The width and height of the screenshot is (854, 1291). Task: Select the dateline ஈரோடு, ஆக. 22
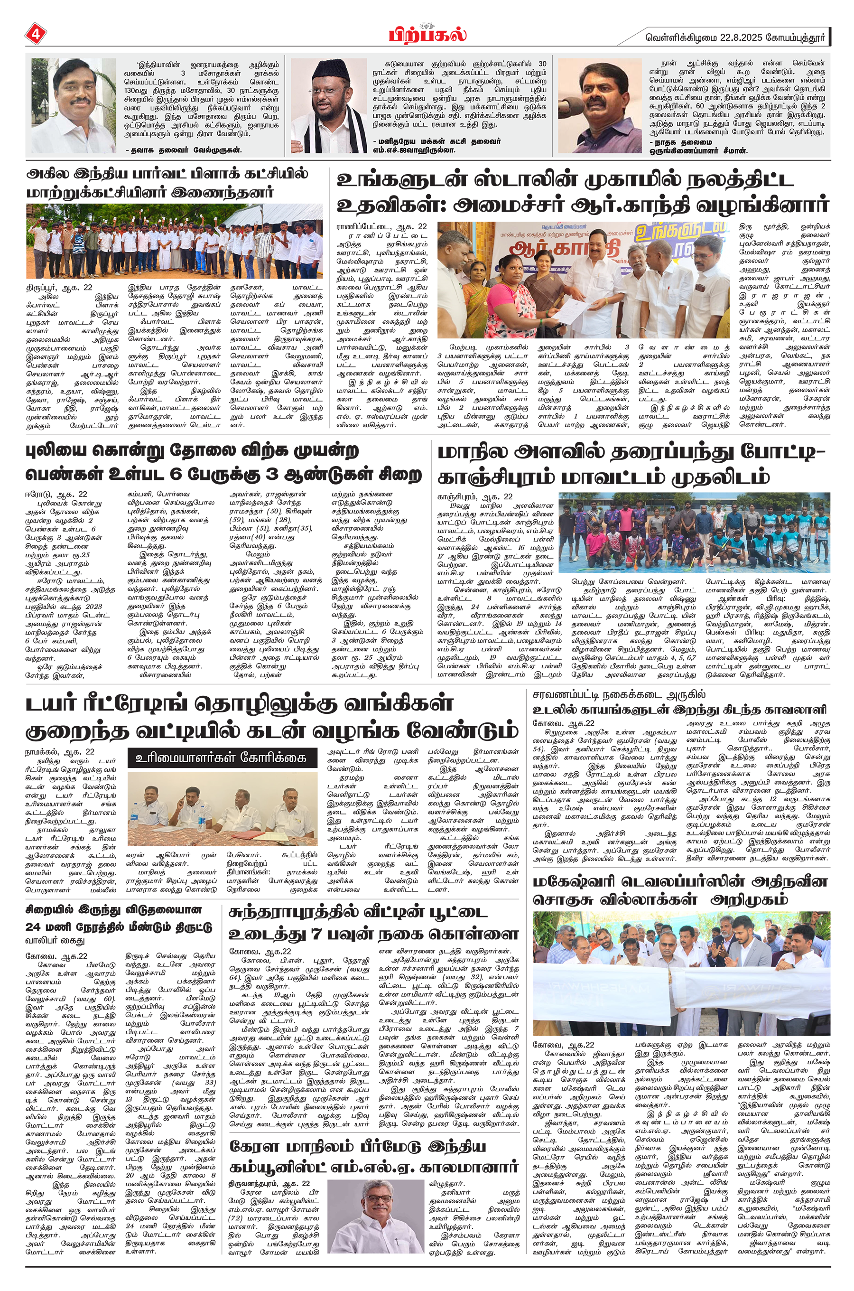coord(56,494)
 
